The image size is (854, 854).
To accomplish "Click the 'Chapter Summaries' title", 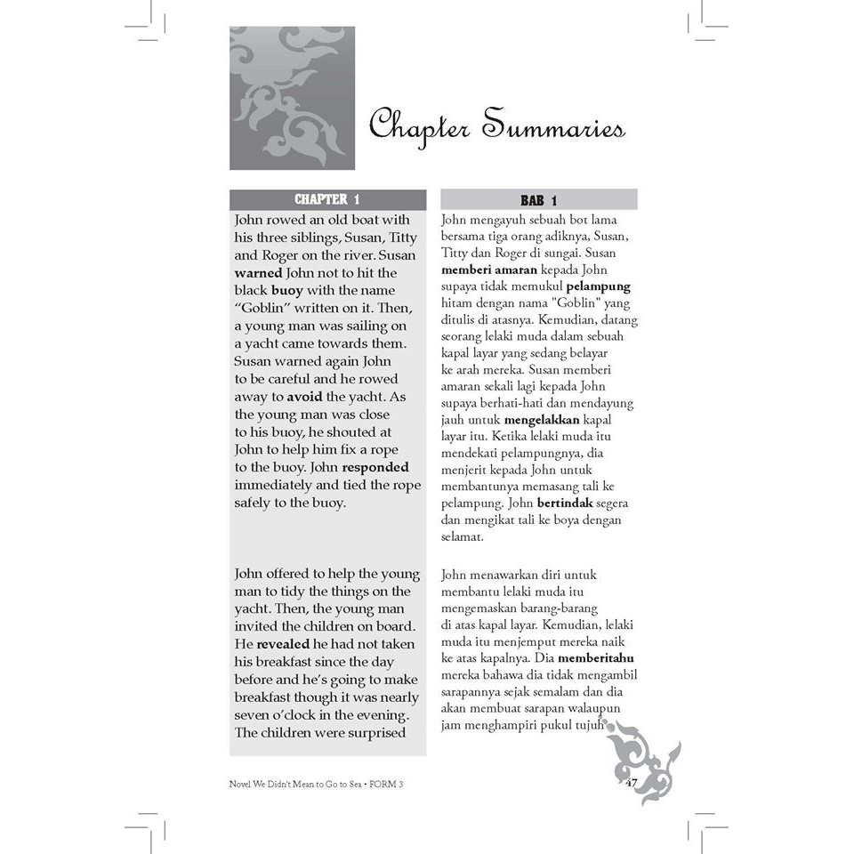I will (x=496, y=126).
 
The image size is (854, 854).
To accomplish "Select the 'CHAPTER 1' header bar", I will (x=327, y=199).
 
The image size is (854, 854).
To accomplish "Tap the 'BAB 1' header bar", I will (x=538, y=200).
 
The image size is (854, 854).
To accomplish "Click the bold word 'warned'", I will (x=259, y=272).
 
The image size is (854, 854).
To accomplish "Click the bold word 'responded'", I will (x=375, y=466).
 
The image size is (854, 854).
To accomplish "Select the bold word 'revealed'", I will (x=284, y=643).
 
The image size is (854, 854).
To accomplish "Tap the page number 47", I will (x=632, y=783).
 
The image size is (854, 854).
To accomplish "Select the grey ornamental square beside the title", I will (x=292, y=98).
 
